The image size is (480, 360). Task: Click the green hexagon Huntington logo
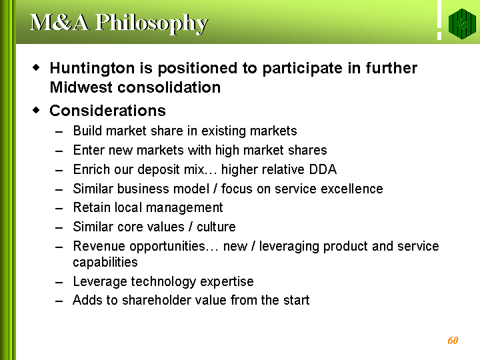point(462,24)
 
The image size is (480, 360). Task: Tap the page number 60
point(453,341)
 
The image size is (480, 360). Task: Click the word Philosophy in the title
point(151,23)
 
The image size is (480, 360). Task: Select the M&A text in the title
point(60,23)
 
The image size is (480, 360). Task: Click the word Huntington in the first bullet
point(92,69)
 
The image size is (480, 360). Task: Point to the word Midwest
point(81,87)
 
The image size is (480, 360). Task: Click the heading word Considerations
point(107,111)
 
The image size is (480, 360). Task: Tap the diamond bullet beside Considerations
point(36,110)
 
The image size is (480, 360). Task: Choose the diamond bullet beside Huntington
point(36,67)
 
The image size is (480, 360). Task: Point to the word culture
point(216,227)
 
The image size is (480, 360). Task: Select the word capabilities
point(105,263)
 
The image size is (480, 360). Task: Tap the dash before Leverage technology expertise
point(59,282)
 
